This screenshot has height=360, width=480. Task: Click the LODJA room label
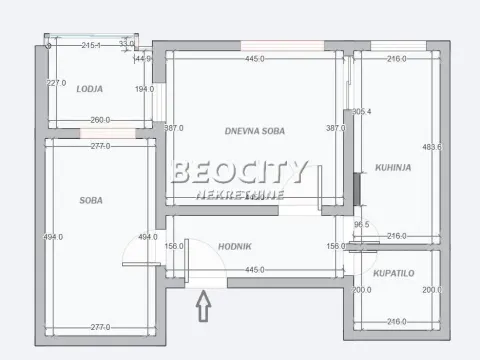[90, 88]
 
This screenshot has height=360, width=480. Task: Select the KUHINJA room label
[390, 168]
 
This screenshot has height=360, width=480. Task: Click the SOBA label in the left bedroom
[91, 200]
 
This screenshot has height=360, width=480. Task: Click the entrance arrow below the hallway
[204, 304]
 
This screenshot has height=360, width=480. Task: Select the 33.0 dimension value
[126, 44]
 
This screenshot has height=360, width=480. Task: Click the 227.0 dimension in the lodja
[56, 83]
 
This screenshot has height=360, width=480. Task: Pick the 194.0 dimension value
[145, 89]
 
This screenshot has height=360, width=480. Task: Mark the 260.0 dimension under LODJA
[100, 121]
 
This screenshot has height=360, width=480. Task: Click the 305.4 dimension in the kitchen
[362, 112]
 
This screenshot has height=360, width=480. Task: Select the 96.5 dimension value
[362, 224]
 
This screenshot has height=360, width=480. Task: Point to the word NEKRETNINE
[240, 195]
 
